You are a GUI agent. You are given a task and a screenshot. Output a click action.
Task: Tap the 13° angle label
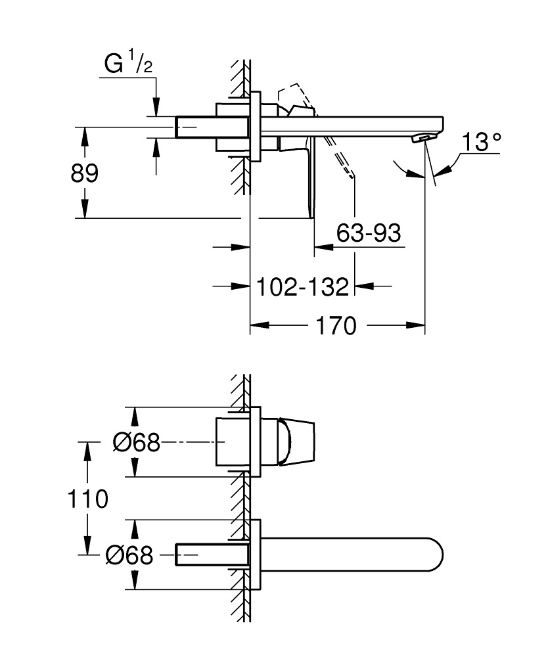coord(481,143)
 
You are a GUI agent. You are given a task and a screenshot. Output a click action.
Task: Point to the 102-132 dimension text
coord(302,287)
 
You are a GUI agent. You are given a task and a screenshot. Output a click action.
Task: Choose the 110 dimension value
coord(87,499)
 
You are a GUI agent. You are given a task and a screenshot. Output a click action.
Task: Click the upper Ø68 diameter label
coord(136,443)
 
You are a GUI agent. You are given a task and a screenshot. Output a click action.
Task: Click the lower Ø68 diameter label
coord(129,556)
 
